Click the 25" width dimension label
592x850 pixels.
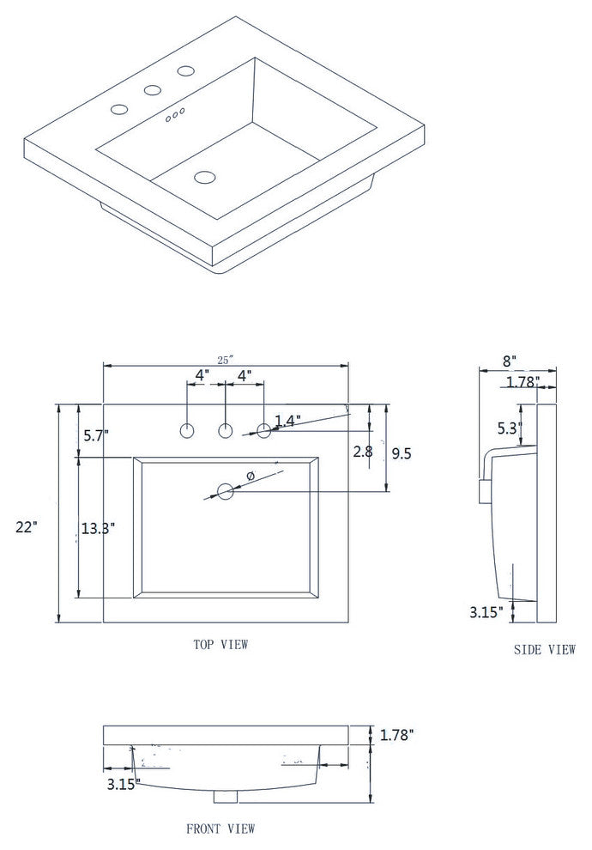(x=226, y=361)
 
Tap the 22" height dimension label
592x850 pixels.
(x=27, y=528)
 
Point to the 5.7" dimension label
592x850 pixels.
(x=96, y=436)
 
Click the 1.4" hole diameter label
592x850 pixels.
(x=287, y=421)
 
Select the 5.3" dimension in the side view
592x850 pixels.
(x=510, y=428)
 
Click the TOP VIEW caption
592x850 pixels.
(x=220, y=644)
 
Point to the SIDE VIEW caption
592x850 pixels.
(x=545, y=650)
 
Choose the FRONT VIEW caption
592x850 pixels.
(x=220, y=829)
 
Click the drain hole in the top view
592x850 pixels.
(x=226, y=492)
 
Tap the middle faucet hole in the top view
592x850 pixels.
(x=226, y=431)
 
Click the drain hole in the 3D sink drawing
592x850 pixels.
(x=204, y=178)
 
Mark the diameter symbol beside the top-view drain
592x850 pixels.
(x=251, y=476)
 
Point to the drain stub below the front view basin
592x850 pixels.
(x=226, y=796)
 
